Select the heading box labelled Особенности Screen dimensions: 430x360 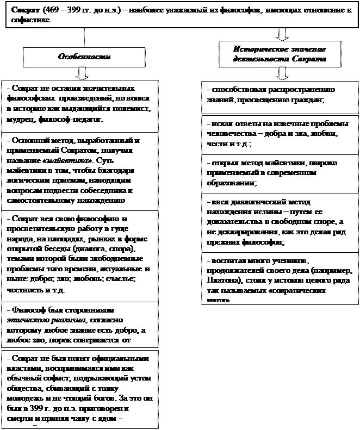click(84, 57)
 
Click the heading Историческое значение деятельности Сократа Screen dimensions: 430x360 click(280, 54)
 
